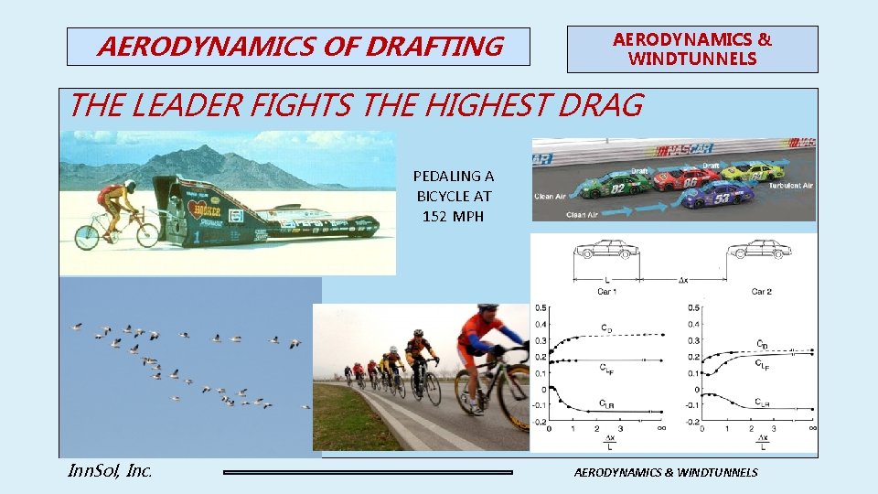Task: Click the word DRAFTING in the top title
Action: point(434,46)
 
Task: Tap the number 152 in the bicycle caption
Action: point(435,217)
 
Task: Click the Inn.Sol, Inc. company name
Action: point(110,471)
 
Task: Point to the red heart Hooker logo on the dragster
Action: point(200,209)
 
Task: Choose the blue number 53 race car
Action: point(718,194)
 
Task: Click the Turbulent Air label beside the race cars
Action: point(791,186)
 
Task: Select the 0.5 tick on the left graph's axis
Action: point(541,307)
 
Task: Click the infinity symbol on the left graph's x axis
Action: point(659,428)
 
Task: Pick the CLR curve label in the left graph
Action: point(606,403)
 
